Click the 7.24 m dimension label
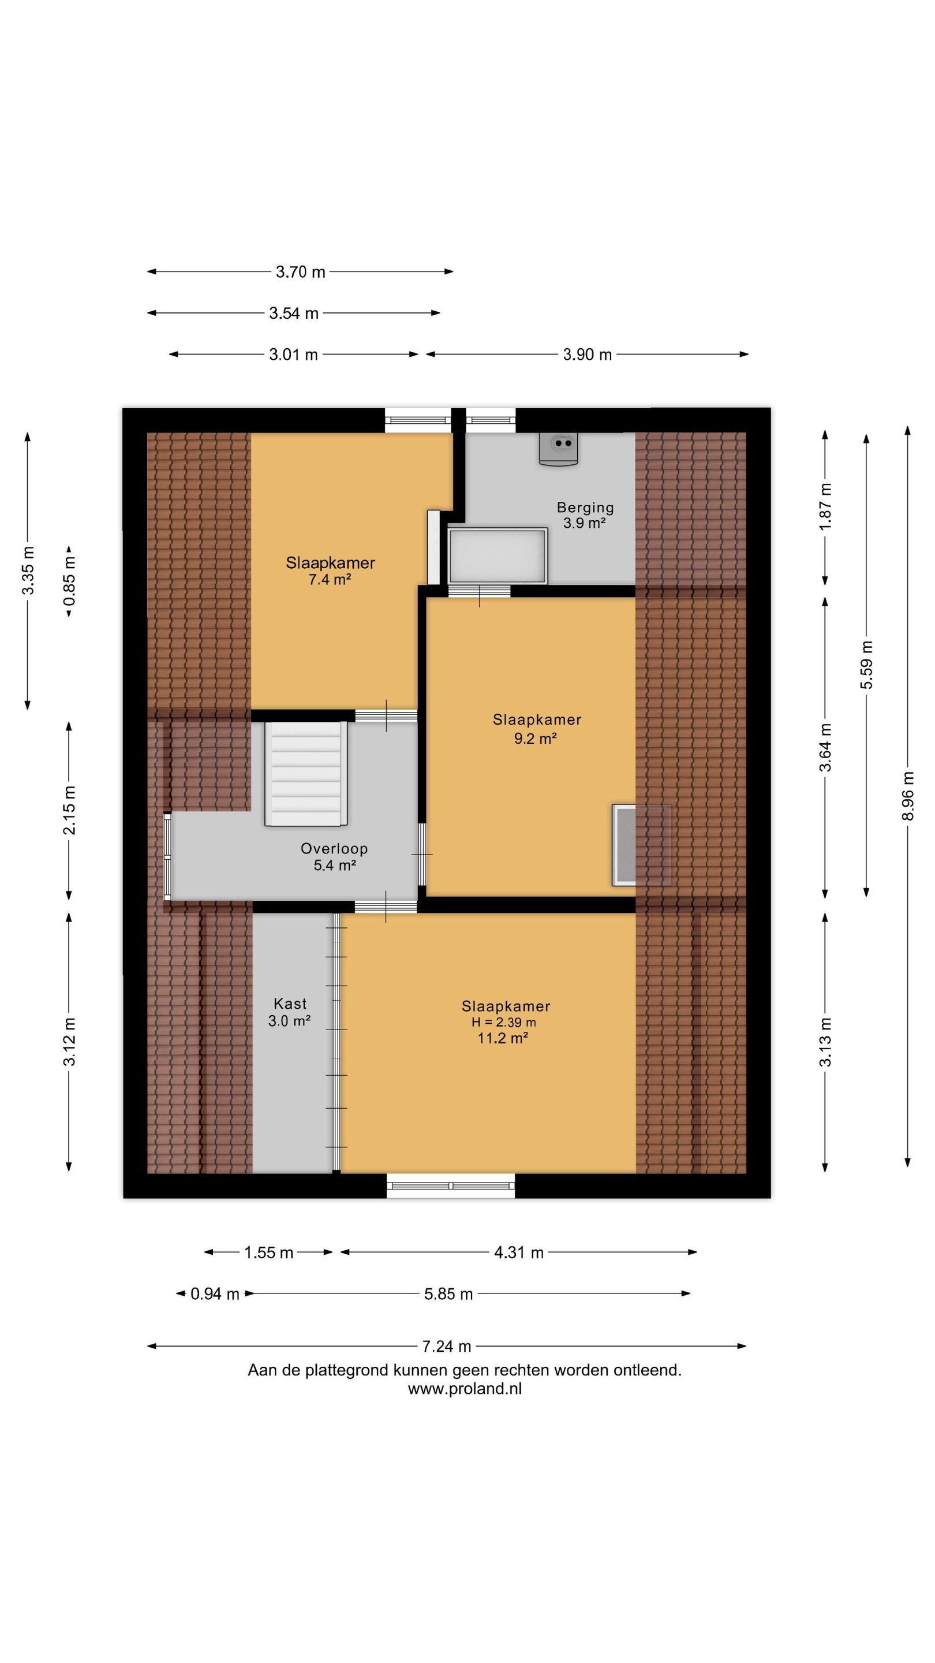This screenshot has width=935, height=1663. click(x=447, y=1346)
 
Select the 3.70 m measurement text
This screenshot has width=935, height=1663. click(x=300, y=272)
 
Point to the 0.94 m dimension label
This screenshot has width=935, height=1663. click(x=215, y=1293)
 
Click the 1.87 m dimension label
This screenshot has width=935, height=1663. click(x=825, y=506)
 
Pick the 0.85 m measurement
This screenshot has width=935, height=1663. click(x=69, y=580)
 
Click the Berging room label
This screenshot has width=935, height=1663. click(x=585, y=508)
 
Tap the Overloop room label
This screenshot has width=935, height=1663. click(x=334, y=848)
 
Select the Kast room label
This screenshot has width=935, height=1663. click(x=290, y=1003)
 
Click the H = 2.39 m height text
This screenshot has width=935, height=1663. click(x=503, y=1022)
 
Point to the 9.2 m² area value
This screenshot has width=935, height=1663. click(x=535, y=738)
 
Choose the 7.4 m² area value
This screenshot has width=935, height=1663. click(x=329, y=579)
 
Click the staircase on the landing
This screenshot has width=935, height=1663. click(x=306, y=773)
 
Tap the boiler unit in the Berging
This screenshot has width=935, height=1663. click(x=558, y=449)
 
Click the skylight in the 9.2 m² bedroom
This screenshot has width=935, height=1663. click(x=641, y=844)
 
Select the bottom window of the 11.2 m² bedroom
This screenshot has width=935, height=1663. click(x=451, y=1185)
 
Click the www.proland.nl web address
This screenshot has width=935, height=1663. click(x=465, y=1389)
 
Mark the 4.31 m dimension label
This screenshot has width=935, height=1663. click(x=519, y=1252)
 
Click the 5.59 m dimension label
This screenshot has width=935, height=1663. click(x=866, y=664)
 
